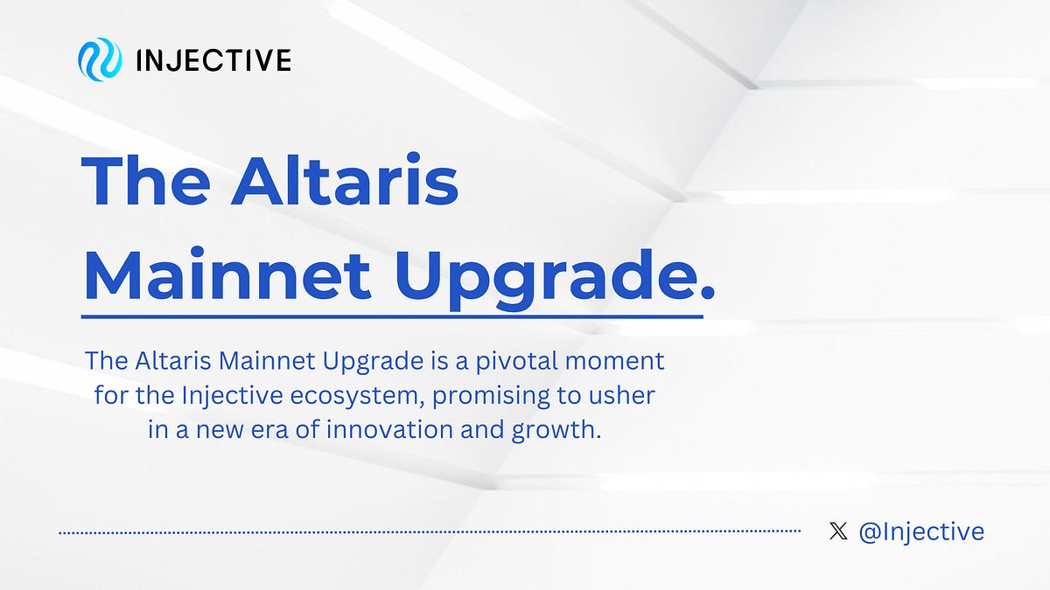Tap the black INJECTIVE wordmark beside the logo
tap(213, 60)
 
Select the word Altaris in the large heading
tap(345, 181)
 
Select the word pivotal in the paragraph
tap(532, 360)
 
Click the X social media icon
tap(838, 531)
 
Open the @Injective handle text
tap(921, 531)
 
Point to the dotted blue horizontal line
tap(429, 531)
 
